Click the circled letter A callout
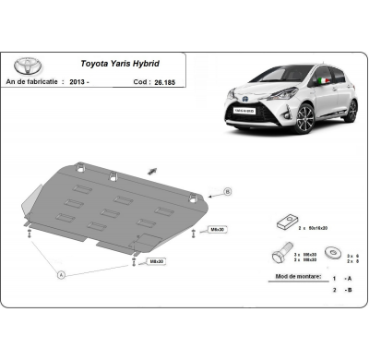[62, 274]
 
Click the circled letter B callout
[228, 192]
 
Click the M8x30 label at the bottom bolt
[157, 262]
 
